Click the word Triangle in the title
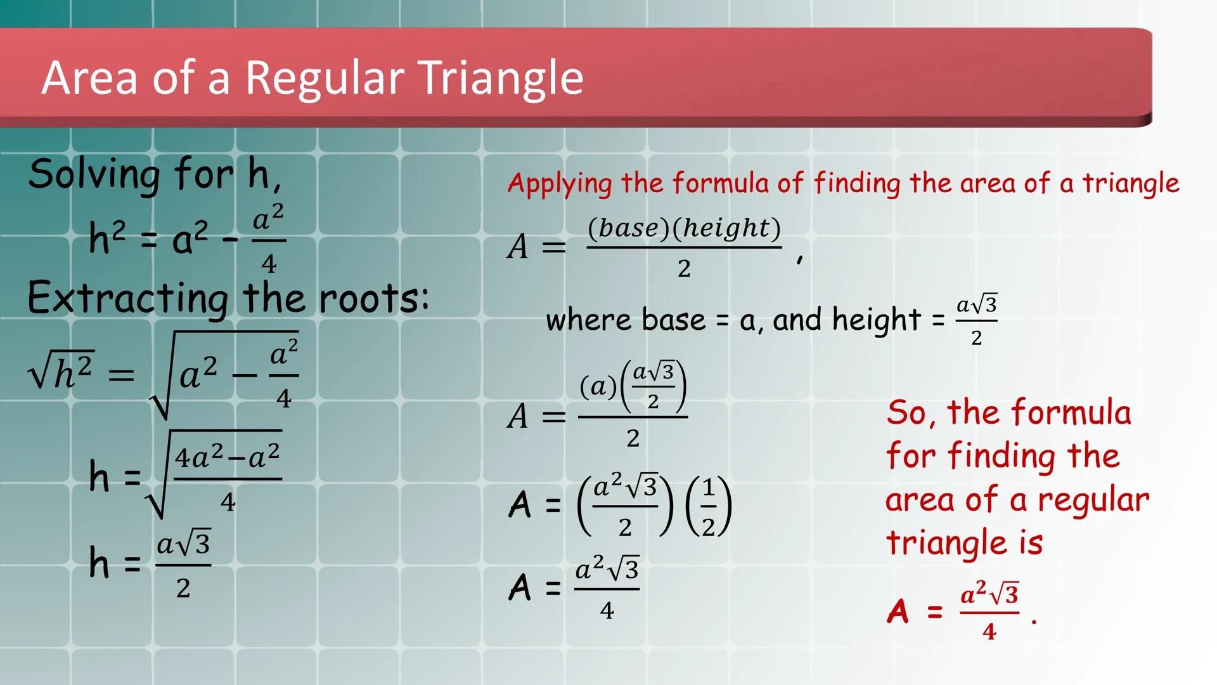(501, 79)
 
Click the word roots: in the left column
(374, 298)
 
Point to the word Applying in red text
(560, 184)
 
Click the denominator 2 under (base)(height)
(684, 269)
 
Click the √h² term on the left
(61, 373)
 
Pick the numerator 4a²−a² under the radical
(227, 457)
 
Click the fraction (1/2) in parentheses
(709, 506)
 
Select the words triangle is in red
(963, 543)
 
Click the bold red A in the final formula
(898, 612)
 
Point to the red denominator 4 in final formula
(989, 632)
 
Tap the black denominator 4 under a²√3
(607, 610)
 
